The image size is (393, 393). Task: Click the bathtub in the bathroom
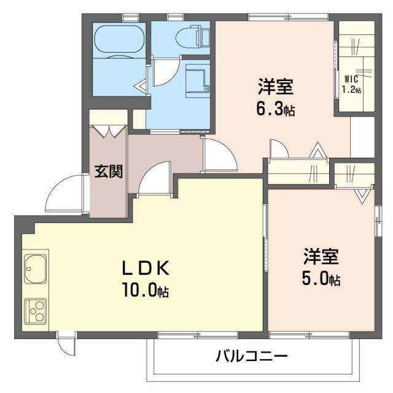coord(119,41)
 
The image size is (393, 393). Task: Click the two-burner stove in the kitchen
coord(34,310)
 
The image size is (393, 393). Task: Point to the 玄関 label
coord(108,171)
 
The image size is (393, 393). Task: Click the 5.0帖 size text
coord(321,279)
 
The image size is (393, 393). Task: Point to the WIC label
coord(351,79)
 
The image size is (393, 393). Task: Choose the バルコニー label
coord(251,356)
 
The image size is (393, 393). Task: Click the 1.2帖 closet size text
coord(351,90)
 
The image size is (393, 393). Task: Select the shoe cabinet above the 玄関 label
coord(109,130)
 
